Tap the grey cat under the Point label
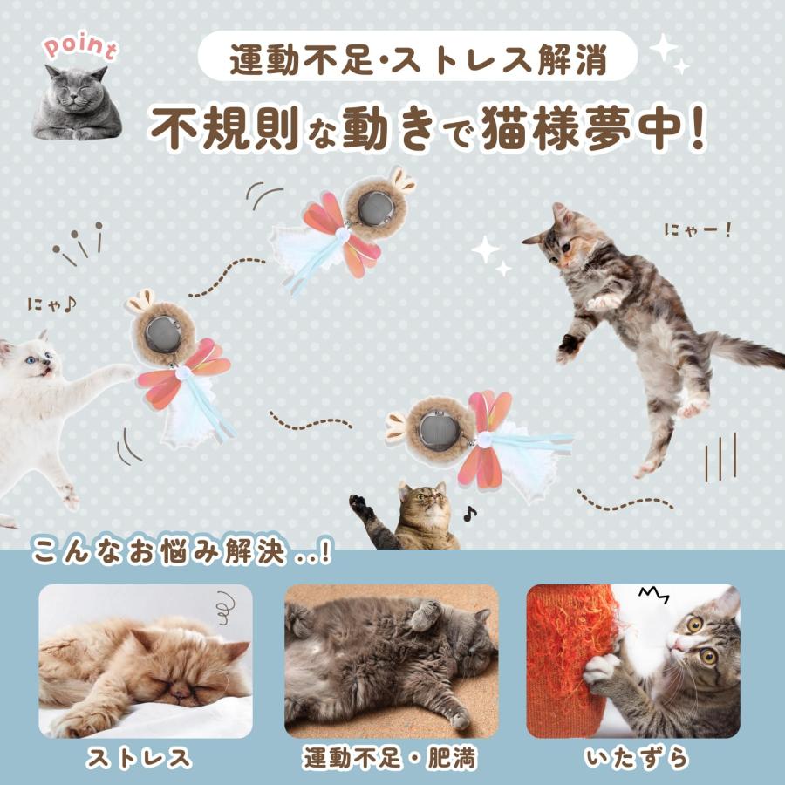[x=77, y=103]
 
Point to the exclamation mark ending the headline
[x=695, y=128]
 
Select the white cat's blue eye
[x=31, y=359]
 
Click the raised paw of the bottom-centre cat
[x=358, y=504]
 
